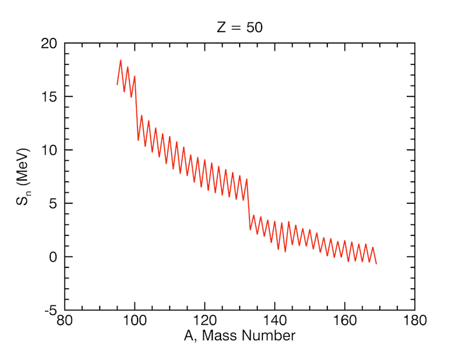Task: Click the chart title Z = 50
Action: pyautogui.click(x=239, y=28)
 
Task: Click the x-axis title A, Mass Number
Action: pyautogui.click(x=239, y=336)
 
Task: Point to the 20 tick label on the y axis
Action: pyautogui.click(x=49, y=44)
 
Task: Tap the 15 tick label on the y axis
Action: pyautogui.click(x=49, y=97)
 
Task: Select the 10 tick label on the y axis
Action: pyautogui.click(x=49, y=150)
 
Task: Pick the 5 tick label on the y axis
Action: pyautogui.click(x=53, y=204)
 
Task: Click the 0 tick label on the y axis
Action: pyautogui.click(x=53, y=257)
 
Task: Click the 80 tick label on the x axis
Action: pyautogui.click(x=64, y=320)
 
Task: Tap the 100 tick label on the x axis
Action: pyautogui.click(x=134, y=320)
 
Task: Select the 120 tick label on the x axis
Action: pyautogui.click(x=204, y=320)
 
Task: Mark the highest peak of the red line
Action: pyautogui.click(x=120, y=60)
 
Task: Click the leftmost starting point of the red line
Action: pyautogui.click(x=117, y=84)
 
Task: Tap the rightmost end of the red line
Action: pyautogui.click(x=376, y=264)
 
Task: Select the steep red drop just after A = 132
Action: pyautogui.click(x=248, y=204)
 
